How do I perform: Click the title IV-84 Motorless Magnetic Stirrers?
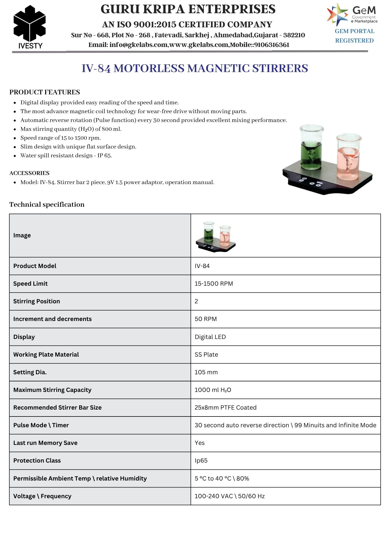(195, 68)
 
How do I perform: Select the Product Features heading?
(45, 92)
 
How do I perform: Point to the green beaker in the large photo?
(311, 148)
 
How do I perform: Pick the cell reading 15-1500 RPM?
(214, 284)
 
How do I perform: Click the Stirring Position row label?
(37, 301)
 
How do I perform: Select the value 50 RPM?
(206, 319)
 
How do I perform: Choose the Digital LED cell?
(210, 337)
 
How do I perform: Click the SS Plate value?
(206, 354)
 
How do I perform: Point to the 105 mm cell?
(206, 372)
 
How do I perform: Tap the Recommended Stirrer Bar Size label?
(57, 408)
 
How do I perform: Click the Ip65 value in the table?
(201, 461)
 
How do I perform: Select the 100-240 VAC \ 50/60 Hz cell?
(229, 496)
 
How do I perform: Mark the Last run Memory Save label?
(45, 443)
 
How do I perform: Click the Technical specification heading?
(47, 205)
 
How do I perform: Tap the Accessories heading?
(30, 173)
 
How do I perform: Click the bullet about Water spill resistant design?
(66, 156)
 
